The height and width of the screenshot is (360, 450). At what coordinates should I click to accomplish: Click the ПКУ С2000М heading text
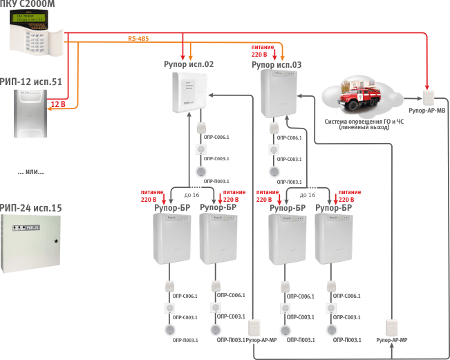click(x=30, y=6)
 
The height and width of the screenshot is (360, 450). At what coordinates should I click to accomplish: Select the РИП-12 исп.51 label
click(x=30, y=80)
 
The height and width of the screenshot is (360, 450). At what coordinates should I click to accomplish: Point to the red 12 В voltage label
click(x=58, y=104)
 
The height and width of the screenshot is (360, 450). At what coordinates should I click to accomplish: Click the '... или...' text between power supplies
click(x=30, y=171)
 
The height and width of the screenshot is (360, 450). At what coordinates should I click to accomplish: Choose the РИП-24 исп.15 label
click(x=31, y=207)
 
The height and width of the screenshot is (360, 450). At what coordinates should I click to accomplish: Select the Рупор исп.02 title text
click(x=189, y=64)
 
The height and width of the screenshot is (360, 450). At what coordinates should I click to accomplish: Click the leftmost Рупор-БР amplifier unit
click(x=170, y=239)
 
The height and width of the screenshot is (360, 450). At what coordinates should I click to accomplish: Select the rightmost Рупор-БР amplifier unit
click(x=331, y=239)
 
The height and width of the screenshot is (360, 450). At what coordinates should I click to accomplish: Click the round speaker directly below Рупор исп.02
click(x=201, y=171)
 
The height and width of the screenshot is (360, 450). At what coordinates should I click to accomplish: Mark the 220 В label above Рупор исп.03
click(x=259, y=53)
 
